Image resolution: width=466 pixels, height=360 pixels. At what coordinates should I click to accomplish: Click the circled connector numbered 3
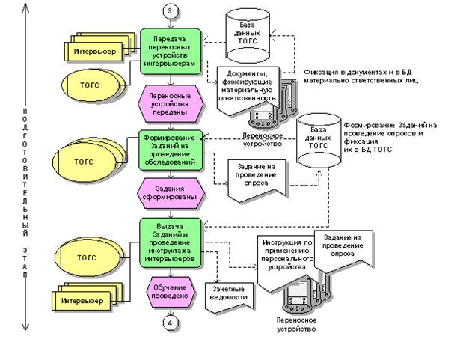coord(170,10)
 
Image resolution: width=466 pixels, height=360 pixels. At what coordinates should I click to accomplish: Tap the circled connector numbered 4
coord(171,323)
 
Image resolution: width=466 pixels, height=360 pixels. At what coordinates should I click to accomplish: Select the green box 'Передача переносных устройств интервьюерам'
coord(171,50)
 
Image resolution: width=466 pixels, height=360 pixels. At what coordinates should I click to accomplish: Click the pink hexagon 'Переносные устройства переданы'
coord(171,102)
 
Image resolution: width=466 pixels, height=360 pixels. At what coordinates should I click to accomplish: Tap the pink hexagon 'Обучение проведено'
coord(171,291)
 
